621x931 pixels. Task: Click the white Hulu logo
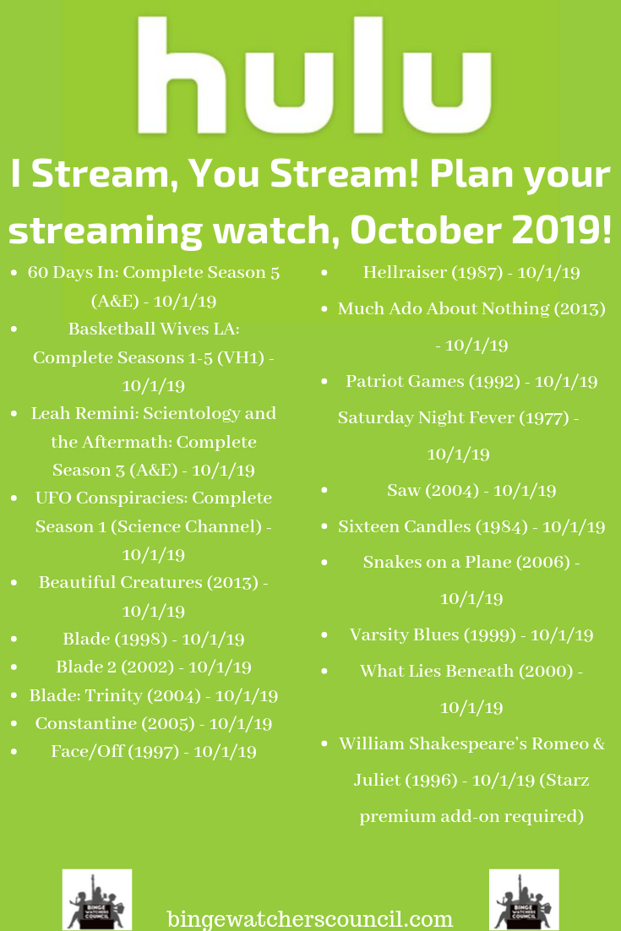(x=314, y=75)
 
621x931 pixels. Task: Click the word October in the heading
(x=424, y=231)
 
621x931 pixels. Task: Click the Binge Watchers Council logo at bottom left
(x=97, y=900)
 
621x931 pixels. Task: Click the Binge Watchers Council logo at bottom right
(x=524, y=900)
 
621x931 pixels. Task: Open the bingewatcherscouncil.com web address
(x=310, y=918)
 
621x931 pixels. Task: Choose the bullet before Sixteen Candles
(x=324, y=526)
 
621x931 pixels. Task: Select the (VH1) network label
(x=242, y=357)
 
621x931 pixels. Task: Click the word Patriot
(x=373, y=381)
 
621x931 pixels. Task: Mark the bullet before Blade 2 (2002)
(x=14, y=667)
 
